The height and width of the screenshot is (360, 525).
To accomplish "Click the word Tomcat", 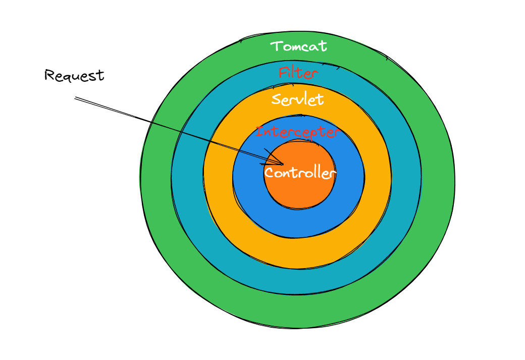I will [x=299, y=47].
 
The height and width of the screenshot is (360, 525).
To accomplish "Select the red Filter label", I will [x=298, y=74].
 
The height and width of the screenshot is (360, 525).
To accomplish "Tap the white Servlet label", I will [x=297, y=99].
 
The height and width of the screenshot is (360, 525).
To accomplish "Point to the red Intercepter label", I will [x=297, y=133].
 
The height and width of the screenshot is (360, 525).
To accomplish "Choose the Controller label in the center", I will [x=300, y=173].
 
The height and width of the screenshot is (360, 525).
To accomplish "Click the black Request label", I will [x=74, y=76].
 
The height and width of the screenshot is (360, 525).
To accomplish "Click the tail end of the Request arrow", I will [x=75, y=97].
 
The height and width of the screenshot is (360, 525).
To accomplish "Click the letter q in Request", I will [x=66, y=77].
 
